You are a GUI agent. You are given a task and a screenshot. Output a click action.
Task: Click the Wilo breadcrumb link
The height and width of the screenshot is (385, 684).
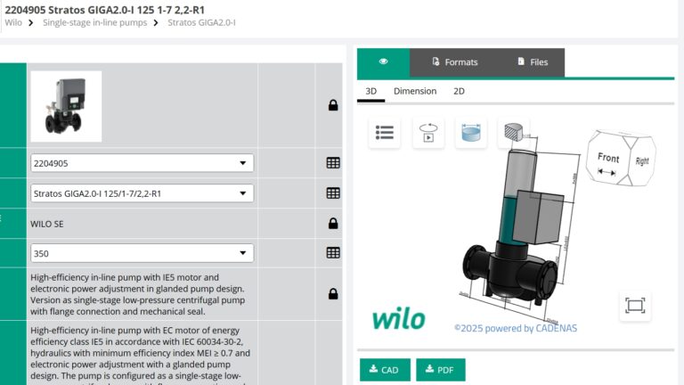tap(13, 22)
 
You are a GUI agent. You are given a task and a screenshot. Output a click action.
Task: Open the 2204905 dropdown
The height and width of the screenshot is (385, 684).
tap(142, 163)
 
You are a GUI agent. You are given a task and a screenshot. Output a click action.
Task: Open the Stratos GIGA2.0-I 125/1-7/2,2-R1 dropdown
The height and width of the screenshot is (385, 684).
tap(142, 192)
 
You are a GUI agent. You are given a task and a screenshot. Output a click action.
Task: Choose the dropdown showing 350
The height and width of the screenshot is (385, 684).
tap(142, 253)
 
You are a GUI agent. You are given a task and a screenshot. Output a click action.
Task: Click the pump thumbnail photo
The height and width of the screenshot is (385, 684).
tap(66, 106)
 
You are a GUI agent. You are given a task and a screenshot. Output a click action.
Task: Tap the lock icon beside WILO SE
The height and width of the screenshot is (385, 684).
tap(333, 223)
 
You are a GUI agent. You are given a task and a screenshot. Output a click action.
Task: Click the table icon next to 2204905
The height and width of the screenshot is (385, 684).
tap(333, 163)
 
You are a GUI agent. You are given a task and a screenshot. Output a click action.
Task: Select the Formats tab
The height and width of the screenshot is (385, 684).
tap(454, 62)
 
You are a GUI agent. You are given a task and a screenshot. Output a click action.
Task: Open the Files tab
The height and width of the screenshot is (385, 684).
tap(532, 62)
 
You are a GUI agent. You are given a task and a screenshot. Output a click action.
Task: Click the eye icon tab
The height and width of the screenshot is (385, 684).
tap(383, 62)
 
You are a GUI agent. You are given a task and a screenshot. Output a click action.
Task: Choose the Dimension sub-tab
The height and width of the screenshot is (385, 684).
tap(415, 91)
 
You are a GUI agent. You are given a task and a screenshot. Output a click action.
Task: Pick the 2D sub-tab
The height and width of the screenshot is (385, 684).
tap(459, 91)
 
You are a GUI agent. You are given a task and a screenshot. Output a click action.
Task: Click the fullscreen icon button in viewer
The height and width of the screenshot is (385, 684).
tap(634, 306)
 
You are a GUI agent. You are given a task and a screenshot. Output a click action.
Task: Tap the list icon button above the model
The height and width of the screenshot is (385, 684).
tap(385, 133)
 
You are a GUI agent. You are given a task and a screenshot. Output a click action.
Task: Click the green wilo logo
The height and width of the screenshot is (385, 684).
tap(398, 318)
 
